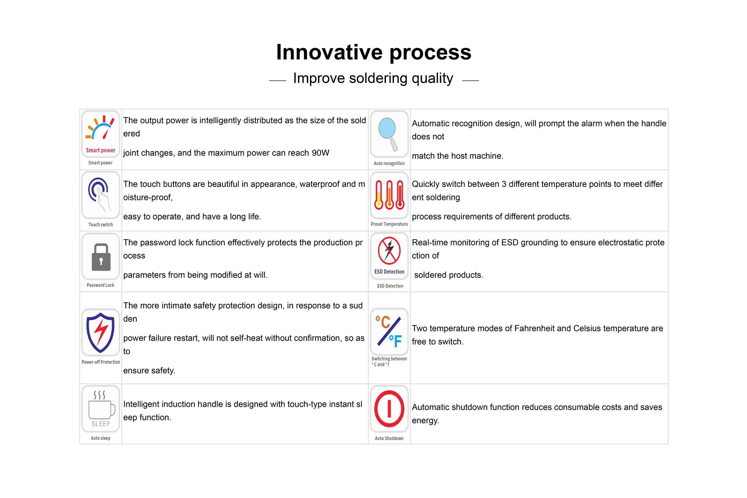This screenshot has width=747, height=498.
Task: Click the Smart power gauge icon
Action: (100, 128)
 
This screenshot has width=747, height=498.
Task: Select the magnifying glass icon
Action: (388, 134)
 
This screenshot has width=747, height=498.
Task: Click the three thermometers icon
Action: (389, 195)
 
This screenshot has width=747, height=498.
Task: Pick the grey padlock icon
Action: (101, 257)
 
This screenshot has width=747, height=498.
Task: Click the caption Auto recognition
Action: (389, 163)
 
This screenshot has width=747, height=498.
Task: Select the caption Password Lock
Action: (100, 285)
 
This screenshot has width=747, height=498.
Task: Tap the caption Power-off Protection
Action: (101, 362)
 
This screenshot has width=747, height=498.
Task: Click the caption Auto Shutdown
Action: (389, 438)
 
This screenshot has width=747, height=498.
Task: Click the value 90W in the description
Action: (320, 153)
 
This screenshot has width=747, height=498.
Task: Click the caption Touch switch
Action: (100, 225)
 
